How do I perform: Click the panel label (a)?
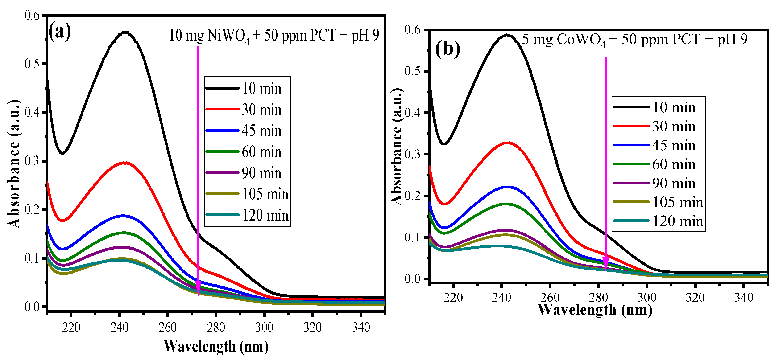[x=60, y=32]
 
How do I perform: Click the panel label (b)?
[x=447, y=49]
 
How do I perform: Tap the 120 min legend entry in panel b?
[x=677, y=221]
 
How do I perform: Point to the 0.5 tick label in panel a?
[x=32, y=64]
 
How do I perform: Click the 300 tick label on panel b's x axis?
[x=646, y=297]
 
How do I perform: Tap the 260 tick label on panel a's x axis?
[x=168, y=327]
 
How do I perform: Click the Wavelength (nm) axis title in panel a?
[x=216, y=346]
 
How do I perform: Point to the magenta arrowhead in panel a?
[x=198, y=287]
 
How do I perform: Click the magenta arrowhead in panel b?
[x=606, y=263]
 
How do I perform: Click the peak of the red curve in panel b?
[x=507, y=143]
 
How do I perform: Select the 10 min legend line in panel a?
[x=222, y=88]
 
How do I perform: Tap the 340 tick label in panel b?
[x=743, y=297]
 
